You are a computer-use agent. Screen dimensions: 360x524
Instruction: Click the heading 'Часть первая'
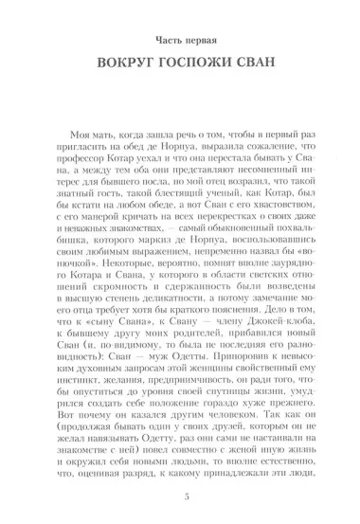point(179,43)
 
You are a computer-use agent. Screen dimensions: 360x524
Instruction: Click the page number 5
point(179,498)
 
